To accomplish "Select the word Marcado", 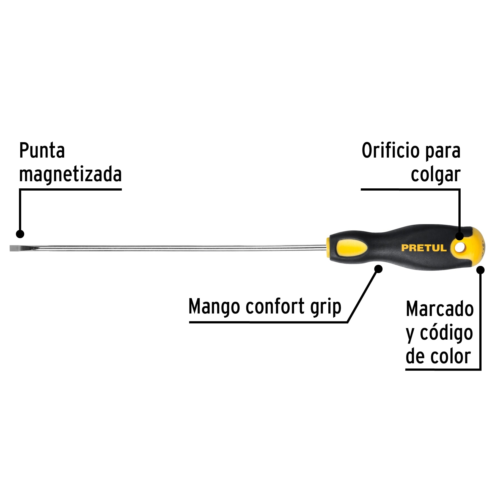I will (x=440, y=309).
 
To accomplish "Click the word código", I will (x=446, y=333).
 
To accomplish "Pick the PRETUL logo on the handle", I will (x=424, y=248).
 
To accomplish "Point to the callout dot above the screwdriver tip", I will (x=20, y=234).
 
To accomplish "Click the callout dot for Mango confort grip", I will (x=379, y=269).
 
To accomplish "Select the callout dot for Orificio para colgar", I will (x=460, y=236).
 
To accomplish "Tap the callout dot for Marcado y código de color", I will (x=480, y=270).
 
